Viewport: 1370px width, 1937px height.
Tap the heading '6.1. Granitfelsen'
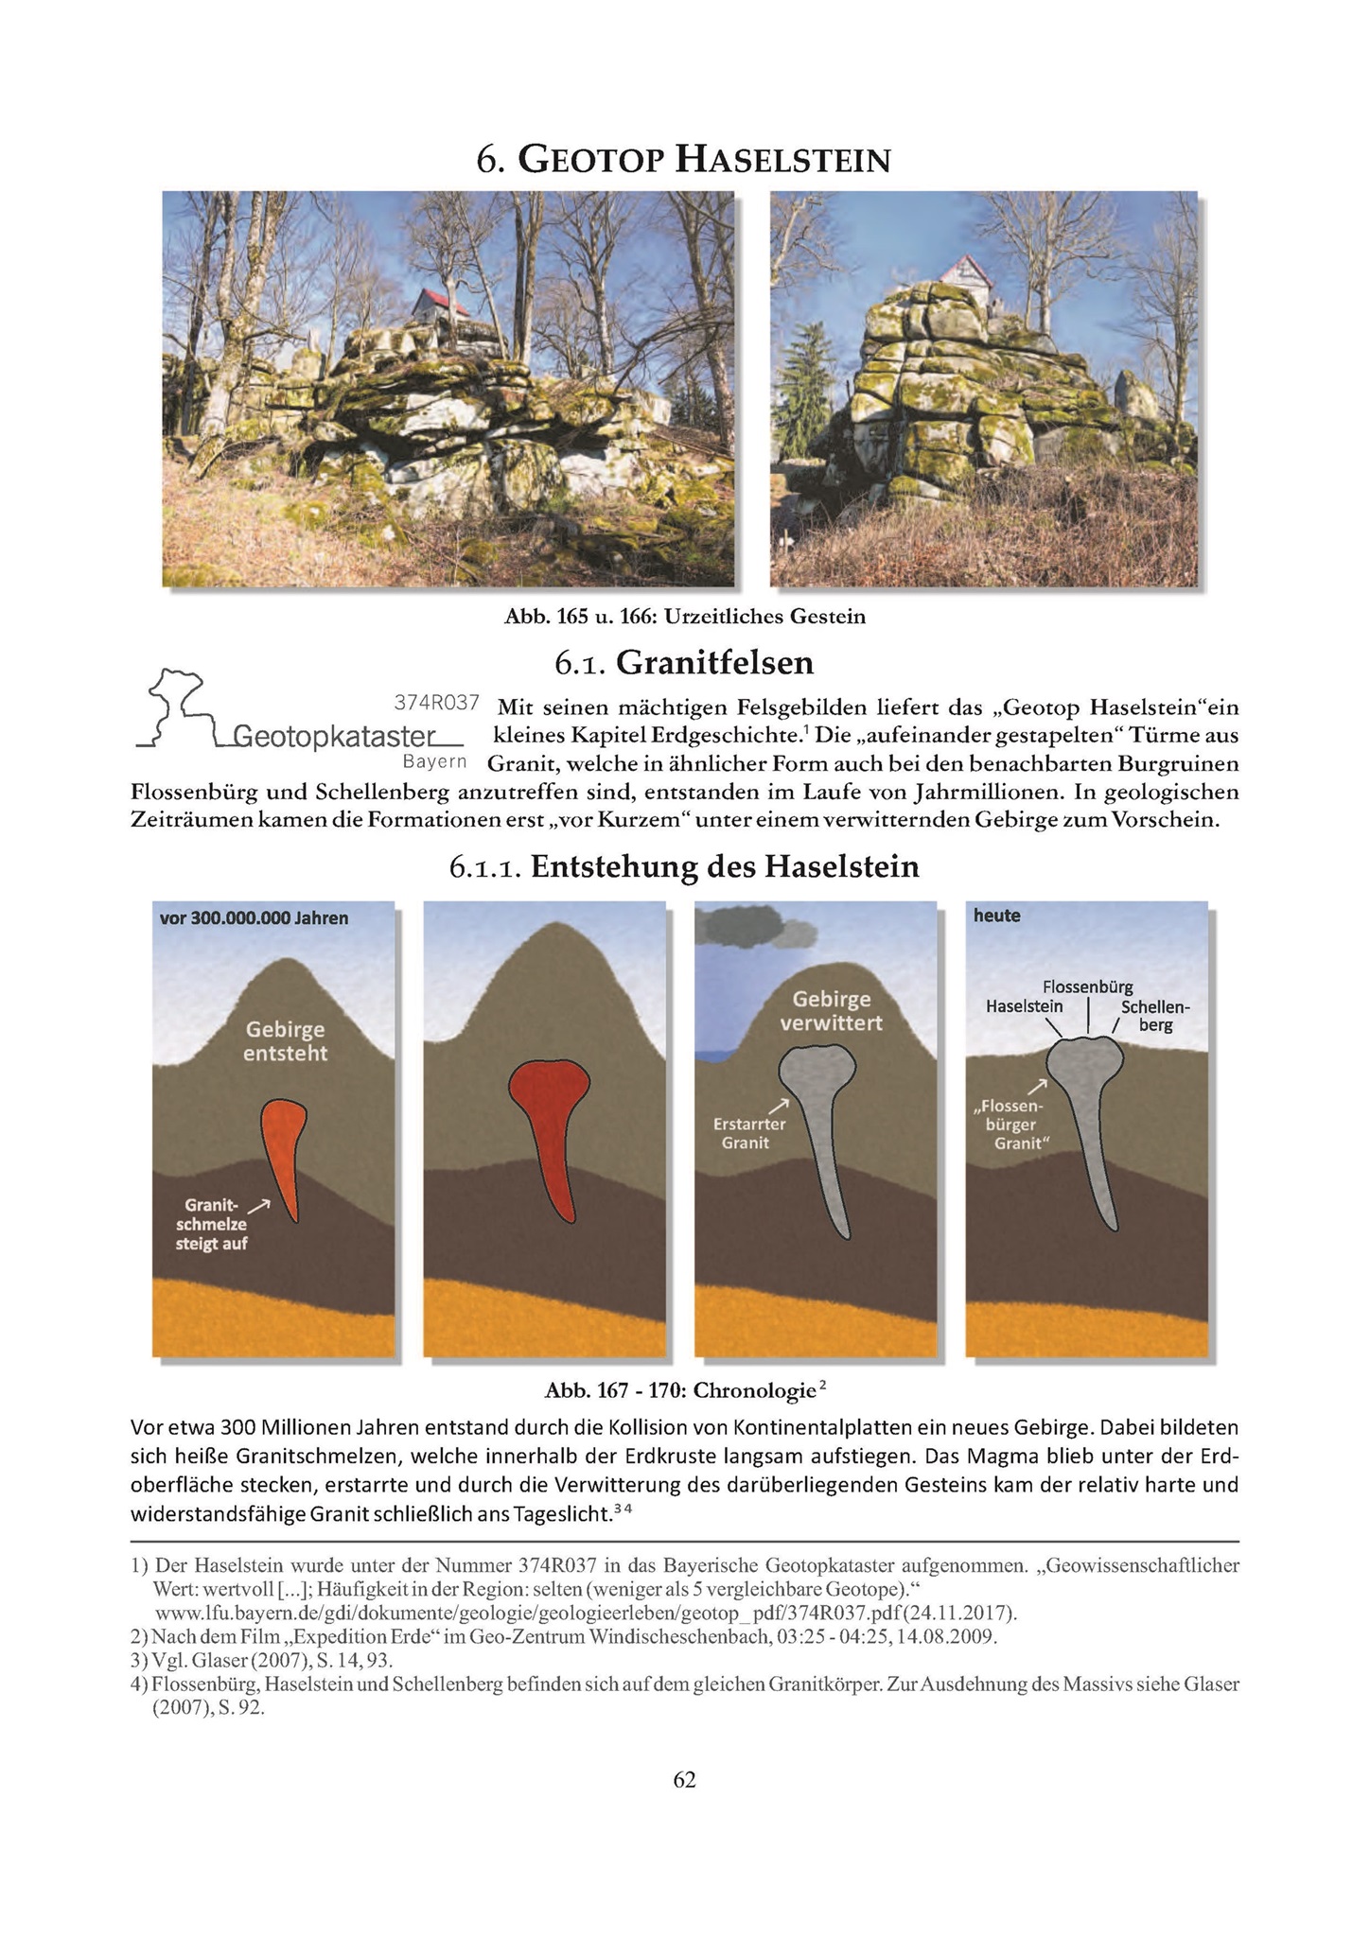point(684,663)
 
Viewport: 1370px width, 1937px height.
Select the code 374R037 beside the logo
point(436,703)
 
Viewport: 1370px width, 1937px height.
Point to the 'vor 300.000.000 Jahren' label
point(255,917)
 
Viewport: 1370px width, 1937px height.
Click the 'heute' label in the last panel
point(997,916)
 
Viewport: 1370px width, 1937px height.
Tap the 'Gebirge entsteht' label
point(285,1040)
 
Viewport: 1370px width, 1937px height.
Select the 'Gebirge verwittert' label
point(832,1010)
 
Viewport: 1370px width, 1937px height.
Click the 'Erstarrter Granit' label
point(749,1133)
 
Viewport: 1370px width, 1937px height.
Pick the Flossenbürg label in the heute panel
point(1087,987)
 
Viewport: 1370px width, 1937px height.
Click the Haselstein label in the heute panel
point(1024,1006)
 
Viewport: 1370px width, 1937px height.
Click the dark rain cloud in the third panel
point(756,927)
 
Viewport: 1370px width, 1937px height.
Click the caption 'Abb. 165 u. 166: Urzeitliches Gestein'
point(685,618)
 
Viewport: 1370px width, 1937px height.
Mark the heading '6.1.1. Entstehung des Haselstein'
point(684,866)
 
